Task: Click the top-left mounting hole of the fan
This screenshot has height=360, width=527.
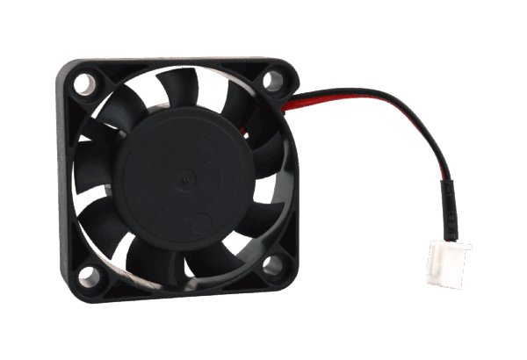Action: click(x=83, y=85)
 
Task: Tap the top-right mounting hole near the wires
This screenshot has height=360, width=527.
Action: click(x=273, y=82)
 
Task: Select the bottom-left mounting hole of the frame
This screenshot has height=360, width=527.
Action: click(x=89, y=277)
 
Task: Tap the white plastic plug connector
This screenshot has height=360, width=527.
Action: click(x=448, y=262)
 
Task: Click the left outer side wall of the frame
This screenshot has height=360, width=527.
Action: click(x=66, y=184)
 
